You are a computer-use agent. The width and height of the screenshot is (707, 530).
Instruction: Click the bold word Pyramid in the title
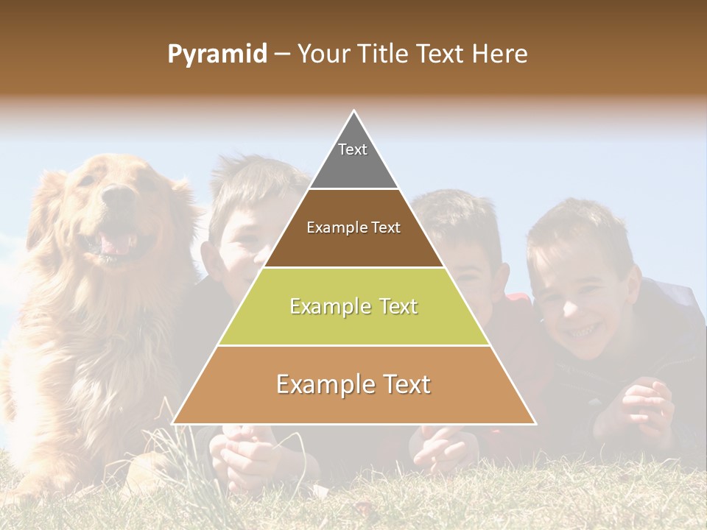point(217,54)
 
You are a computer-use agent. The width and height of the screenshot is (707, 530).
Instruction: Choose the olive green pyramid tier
point(353,306)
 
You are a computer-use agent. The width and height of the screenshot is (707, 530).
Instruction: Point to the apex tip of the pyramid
point(353,112)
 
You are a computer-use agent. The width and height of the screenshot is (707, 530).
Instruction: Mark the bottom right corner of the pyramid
point(535,424)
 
